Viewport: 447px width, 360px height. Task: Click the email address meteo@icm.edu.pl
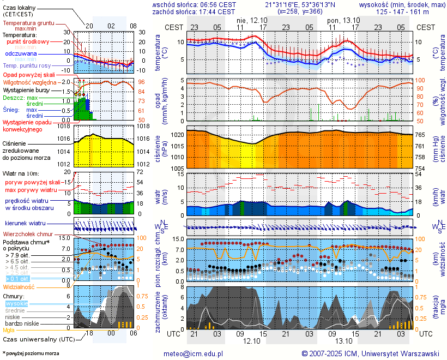(x=194, y=353)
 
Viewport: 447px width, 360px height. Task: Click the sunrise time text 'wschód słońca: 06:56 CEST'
(x=194, y=4)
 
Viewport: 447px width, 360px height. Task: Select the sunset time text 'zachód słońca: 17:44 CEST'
(x=194, y=11)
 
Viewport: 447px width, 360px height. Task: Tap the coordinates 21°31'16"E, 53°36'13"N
(x=304, y=4)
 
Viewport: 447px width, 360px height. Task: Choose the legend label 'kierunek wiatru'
(x=26, y=224)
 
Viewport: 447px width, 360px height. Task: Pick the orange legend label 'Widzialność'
(x=19, y=286)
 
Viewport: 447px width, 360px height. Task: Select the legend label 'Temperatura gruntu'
(x=30, y=23)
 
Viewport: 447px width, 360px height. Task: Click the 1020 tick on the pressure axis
(x=177, y=134)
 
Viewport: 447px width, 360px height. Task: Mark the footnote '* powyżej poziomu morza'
(x=30, y=353)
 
